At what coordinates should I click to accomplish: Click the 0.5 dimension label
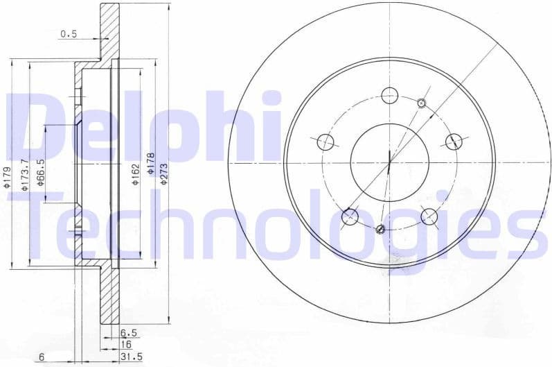pyautogui.click(x=69, y=33)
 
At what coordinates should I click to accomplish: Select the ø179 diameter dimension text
pyautogui.click(x=6, y=177)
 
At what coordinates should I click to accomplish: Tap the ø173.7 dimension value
pyautogui.click(x=24, y=174)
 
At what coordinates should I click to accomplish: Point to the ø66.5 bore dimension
pyautogui.click(x=41, y=171)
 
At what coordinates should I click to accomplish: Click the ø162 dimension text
pyautogui.click(x=136, y=173)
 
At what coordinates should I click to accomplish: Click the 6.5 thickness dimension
pyautogui.click(x=128, y=333)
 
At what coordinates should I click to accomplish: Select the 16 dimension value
pyautogui.click(x=127, y=345)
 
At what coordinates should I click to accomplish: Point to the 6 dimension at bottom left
pyautogui.click(x=42, y=357)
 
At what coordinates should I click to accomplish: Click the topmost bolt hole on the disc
pyautogui.click(x=391, y=95)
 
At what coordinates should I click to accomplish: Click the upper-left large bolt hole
pyautogui.click(x=326, y=142)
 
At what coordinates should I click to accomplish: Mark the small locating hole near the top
pyautogui.click(x=422, y=104)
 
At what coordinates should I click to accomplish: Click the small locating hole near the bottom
pyautogui.click(x=379, y=229)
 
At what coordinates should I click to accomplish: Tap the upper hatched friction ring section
pyautogui.click(x=109, y=31)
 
